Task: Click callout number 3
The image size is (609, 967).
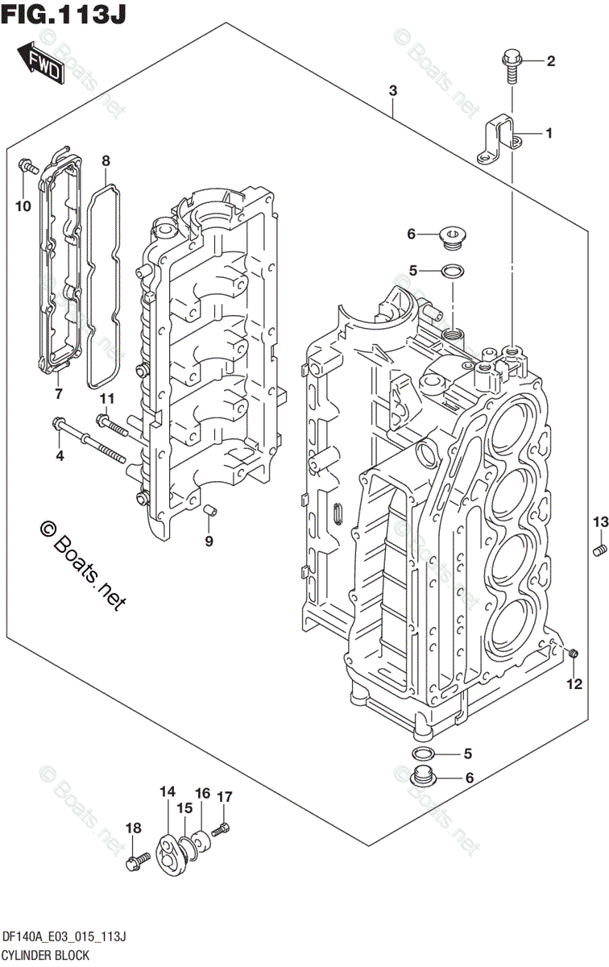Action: click(x=392, y=91)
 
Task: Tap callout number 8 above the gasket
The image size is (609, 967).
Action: click(x=106, y=161)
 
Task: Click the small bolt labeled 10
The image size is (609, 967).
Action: click(x=27, y=168)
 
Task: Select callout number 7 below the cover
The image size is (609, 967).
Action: click(x=58, y=393)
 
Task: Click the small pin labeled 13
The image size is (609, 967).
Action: click(x=599, y=550)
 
